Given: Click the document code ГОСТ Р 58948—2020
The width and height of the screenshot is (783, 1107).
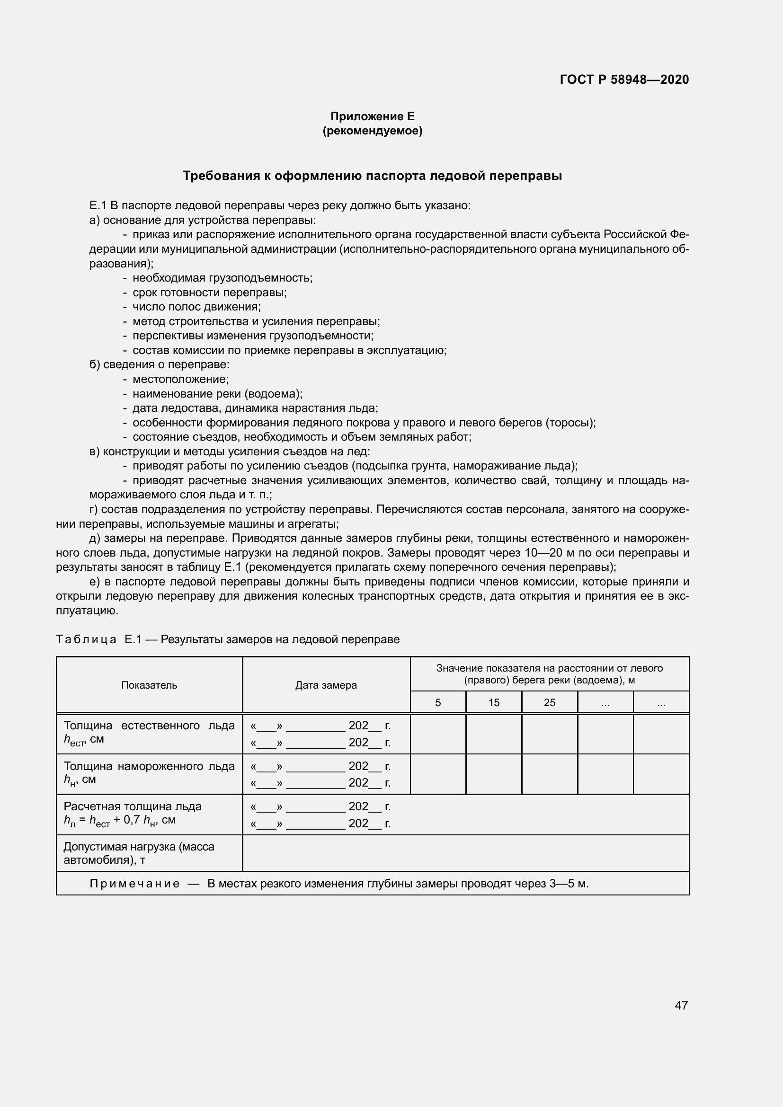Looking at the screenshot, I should click(624, 80).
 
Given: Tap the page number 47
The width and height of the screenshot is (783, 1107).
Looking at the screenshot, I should click(681, 1005).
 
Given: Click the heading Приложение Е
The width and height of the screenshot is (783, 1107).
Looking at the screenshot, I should click(372, 116).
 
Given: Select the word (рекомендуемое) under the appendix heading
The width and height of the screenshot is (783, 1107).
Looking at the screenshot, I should click(372, 131).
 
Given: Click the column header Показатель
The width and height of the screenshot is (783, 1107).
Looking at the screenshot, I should click(149, 685).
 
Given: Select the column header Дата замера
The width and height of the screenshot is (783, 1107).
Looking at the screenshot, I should click(326, 685).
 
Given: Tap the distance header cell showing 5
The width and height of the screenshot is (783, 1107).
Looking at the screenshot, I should click(438, 702).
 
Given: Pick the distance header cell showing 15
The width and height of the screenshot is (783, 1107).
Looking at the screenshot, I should click(494, 702).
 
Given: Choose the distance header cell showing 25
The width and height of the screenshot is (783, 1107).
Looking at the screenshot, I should click(550, 702).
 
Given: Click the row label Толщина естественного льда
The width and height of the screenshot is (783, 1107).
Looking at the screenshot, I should click(149, 726).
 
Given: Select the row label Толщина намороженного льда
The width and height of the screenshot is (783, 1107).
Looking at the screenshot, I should click(149, 766).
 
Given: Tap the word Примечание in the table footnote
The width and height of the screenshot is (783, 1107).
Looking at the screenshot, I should click(134, 884).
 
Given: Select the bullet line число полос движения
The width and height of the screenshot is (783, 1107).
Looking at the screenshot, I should click(196, 307).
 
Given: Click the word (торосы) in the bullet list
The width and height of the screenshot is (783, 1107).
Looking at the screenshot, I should click(571, 423).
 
